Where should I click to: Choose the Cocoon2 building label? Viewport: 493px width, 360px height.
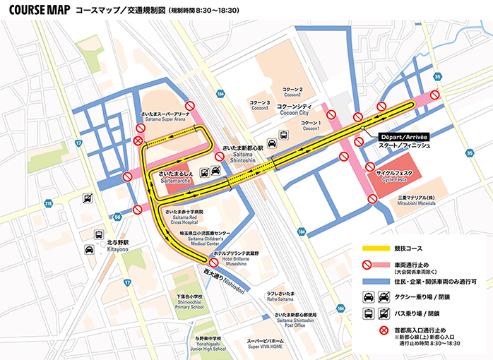[x=292, y=91]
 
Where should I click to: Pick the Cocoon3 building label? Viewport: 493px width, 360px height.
[x=259, y=105]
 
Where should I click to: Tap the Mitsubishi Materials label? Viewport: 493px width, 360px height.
[x=420, y=200]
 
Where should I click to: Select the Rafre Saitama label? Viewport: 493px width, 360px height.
[x=280, y=299]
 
